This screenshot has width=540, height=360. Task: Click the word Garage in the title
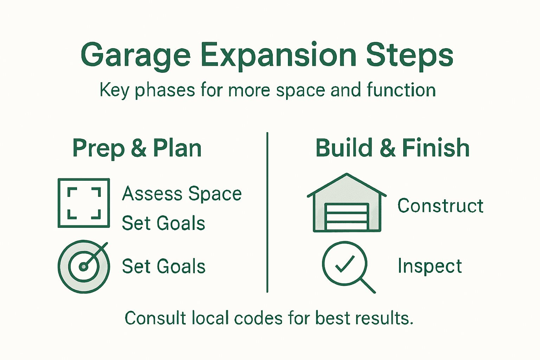click(136, 56)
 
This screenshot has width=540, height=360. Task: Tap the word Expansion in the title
click(278, 56)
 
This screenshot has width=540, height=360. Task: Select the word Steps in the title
click(410, 57)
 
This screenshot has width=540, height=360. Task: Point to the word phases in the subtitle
click(165, 90)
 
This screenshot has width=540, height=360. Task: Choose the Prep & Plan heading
click(137, 148)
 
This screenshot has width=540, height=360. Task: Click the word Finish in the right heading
click(436, 148)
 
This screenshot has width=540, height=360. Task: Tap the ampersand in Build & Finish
click(388, 148)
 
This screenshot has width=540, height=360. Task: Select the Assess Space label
click(182, 193)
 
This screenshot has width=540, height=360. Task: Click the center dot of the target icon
click(83, 267)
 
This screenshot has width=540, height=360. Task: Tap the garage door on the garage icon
click(347, 216)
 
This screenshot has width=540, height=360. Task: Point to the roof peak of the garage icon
click(347, 174)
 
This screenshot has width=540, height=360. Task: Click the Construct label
click(441, 206)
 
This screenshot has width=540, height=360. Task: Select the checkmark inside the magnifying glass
click(345, 264)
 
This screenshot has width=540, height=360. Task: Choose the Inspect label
click(430, 266)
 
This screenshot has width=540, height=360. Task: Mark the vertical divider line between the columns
click(267, 212)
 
